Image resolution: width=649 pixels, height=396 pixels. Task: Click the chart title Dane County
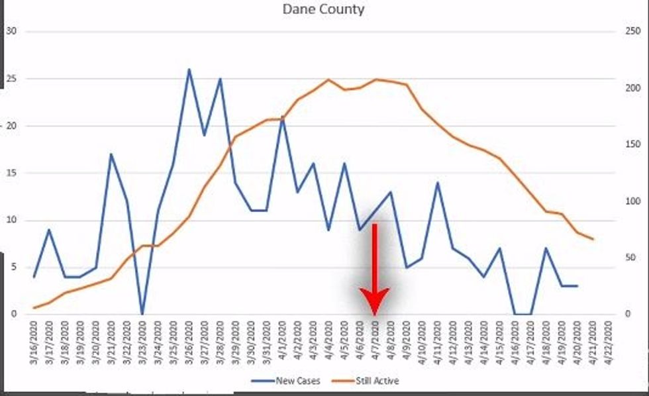323,9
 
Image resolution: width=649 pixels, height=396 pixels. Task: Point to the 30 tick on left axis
11,31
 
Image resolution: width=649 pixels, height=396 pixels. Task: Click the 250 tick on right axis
630,31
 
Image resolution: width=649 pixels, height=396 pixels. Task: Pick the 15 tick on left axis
11,173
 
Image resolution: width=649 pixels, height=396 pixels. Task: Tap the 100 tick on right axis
630,201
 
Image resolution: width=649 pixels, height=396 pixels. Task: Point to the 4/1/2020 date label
283,341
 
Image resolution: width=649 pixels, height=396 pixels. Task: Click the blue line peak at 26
189,69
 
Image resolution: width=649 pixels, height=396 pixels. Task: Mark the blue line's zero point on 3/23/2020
142,314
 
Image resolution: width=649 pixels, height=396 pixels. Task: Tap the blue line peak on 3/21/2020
111,154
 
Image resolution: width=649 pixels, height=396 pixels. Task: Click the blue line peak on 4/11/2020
438,182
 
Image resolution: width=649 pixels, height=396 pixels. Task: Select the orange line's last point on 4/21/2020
593,239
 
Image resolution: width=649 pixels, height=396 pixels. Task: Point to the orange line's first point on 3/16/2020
34,308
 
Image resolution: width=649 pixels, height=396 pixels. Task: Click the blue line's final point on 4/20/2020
577,286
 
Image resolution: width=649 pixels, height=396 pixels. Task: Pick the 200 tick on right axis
630,88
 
